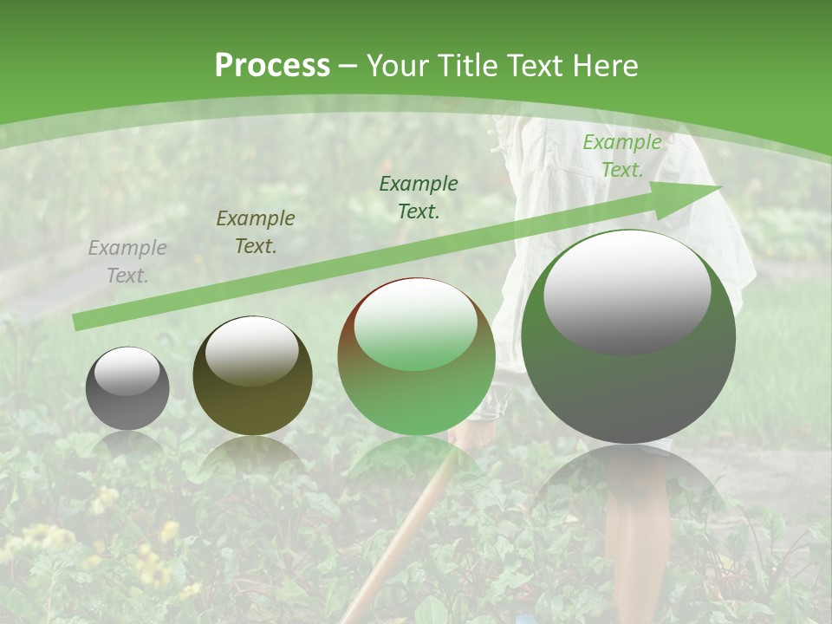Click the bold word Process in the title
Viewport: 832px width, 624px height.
272,66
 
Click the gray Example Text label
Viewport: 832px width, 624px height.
127,262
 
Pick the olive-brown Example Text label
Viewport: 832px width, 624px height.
256,232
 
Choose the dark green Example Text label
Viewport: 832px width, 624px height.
419,197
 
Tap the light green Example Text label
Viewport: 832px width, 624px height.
621,156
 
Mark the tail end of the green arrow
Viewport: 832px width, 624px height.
75,322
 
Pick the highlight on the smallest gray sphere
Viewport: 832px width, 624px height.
127,371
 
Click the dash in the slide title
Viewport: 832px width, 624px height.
348,67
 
